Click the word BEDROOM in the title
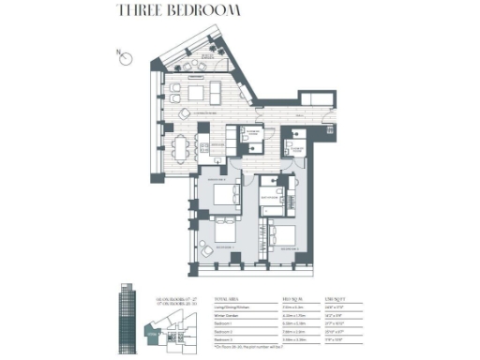pyautogui.click(x=204, y=12)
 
